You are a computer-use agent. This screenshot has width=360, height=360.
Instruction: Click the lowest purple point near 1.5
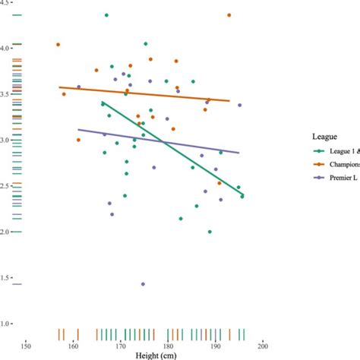pos(143,284)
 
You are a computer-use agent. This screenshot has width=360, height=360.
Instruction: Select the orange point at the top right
pos(229,15)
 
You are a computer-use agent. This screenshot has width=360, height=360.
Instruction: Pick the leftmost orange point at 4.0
pos(58,45)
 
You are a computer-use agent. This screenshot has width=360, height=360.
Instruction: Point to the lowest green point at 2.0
pos(210,232)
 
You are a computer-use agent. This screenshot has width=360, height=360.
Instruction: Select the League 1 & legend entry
pos(334,151)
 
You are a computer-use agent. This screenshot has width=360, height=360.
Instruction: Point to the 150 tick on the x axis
pos(26,346)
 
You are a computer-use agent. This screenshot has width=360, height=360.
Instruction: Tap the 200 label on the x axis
pos(263,346)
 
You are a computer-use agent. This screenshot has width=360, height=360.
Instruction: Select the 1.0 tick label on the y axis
pos(5,324)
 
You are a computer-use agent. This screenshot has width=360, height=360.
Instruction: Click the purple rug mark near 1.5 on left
pos(17,284)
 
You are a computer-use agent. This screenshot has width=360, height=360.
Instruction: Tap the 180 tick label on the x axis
pos(168,346)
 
